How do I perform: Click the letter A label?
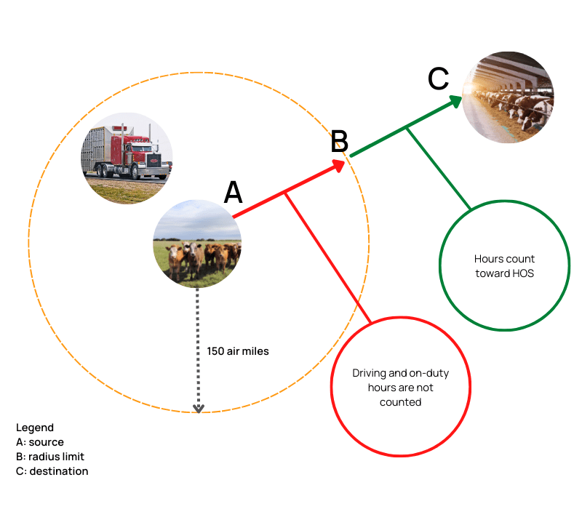233,193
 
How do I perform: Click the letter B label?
340,142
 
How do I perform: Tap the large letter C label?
438,79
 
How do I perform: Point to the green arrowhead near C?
454,100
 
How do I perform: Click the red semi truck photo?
127,158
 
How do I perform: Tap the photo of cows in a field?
196,243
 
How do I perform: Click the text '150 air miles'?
238,351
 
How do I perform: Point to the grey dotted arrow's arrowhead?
198,408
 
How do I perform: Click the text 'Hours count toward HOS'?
504,265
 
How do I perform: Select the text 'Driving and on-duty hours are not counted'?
400,387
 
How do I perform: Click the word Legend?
35,428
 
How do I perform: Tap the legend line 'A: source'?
40,442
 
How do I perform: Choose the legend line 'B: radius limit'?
50,457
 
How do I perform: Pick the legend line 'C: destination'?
52,471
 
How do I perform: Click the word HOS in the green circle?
524,273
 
